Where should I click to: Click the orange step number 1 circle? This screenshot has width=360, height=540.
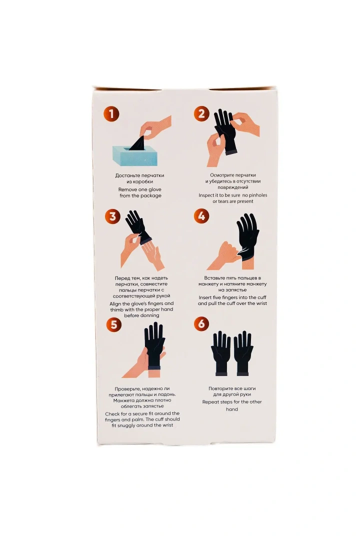point(111,113)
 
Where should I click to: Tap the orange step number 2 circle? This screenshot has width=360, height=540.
point(201,113)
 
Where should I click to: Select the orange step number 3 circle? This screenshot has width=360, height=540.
point(112,217)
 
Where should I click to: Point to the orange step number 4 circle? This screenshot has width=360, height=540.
point(201,216)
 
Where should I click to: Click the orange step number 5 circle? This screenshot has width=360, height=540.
point(114,325)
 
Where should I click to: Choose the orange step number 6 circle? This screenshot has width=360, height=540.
point(201,324)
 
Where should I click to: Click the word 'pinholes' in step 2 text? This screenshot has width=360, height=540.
point(257,195)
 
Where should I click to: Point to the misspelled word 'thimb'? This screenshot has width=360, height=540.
point(116,309)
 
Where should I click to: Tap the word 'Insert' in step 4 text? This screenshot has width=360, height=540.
point(205,297)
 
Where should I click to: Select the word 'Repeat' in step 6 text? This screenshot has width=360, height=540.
point(210,402)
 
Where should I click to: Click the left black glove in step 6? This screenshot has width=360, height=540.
point(220,353)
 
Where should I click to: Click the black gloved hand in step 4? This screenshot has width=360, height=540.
point(247,241)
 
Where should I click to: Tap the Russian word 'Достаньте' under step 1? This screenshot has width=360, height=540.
point(127,175)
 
